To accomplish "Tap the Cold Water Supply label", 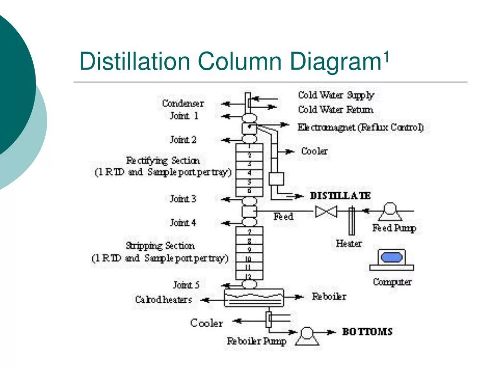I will [x=336, y=95].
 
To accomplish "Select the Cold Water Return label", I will [x=335, y=110].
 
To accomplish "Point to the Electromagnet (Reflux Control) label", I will [x=360, y=128].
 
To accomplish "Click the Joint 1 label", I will [x=184, y=116].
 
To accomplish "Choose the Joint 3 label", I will [x=183, y=198].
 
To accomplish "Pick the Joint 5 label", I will [x=186, y=285].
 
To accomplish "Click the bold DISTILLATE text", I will [x=340, y=196].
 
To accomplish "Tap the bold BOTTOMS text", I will [x=367, y=332].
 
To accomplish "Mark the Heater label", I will [x=349, y=244].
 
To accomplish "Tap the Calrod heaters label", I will [x=163, y=299].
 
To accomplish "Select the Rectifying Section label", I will [x=163, y=160].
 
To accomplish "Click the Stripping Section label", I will [x=160, y=246].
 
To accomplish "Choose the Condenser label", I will [x=183, y=103].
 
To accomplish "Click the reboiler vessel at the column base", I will [x=254, y=297].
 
